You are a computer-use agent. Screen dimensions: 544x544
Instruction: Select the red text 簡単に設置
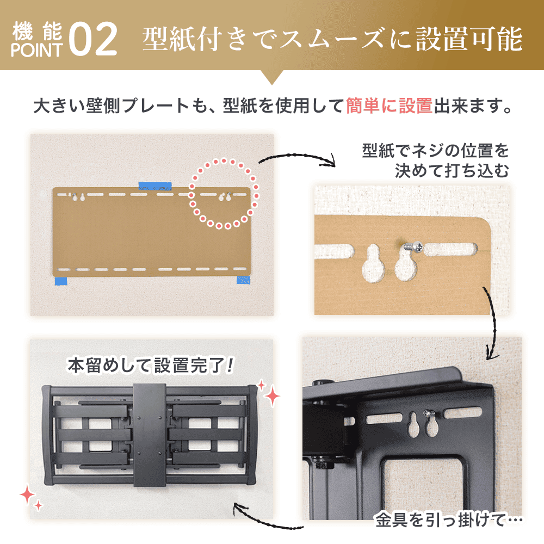click(x=389, y=105)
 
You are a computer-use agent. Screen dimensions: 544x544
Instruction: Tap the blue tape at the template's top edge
click(x=155, y=186)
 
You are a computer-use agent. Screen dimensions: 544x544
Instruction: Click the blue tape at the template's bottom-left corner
click(x=60, y=281)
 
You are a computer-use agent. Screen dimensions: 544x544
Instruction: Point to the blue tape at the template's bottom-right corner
click(x=243, y=280)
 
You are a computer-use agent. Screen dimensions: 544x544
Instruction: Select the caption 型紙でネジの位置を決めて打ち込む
click(x=435, y=161)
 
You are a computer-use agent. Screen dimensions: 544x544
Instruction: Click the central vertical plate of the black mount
click(x=149, y=435)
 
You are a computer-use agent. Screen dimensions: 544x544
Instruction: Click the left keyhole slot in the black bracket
click(x=413, y=426)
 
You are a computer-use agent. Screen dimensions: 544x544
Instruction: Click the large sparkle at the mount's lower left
click(x=28, y=494)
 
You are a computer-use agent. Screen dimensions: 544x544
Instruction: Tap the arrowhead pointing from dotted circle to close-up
click(x=328, y=162)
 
